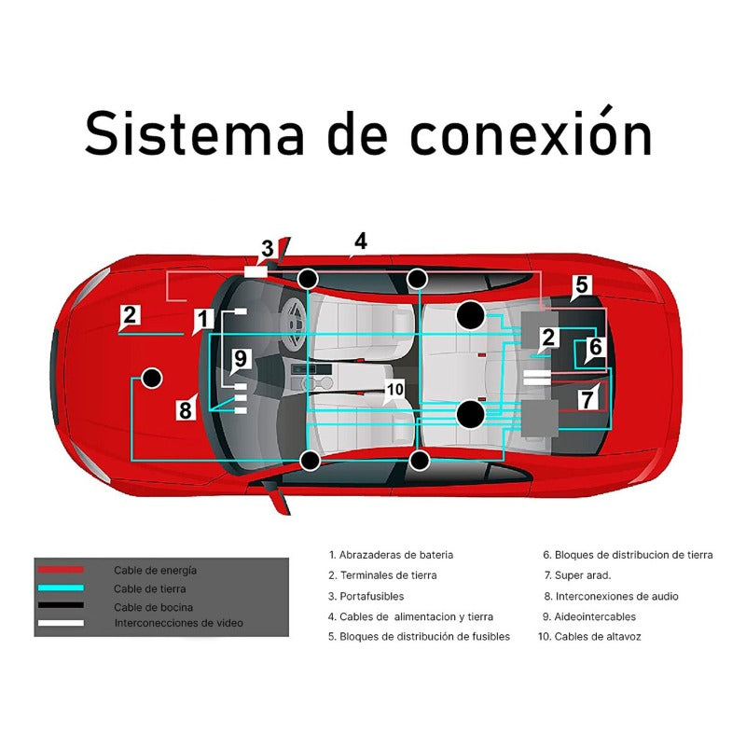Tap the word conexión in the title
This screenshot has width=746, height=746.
(x=531, y=132)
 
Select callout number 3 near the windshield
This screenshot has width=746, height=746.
(x=268, y=249)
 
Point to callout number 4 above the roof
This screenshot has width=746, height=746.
(x=360, y=241)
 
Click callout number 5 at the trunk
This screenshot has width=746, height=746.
(x=581, y=285)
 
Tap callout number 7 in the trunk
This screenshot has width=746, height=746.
(x=587, y=398)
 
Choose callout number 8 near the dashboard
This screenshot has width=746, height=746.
(x=186, y=408)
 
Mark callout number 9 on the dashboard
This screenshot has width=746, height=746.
(x=240, y=358)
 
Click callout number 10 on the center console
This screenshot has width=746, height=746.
(x=394, y=389)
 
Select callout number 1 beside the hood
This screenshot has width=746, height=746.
(x=203, y=321)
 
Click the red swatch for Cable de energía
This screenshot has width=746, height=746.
(x=60, y=570)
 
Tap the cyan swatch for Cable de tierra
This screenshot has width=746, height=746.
(x=60, y=588)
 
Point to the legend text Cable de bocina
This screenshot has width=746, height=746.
(x=154, y=607)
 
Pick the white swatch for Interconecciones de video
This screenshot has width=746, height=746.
(x=60, y=623)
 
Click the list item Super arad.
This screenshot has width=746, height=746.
(x=582, y=575)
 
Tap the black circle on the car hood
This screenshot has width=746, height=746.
(x=150, y=379)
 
